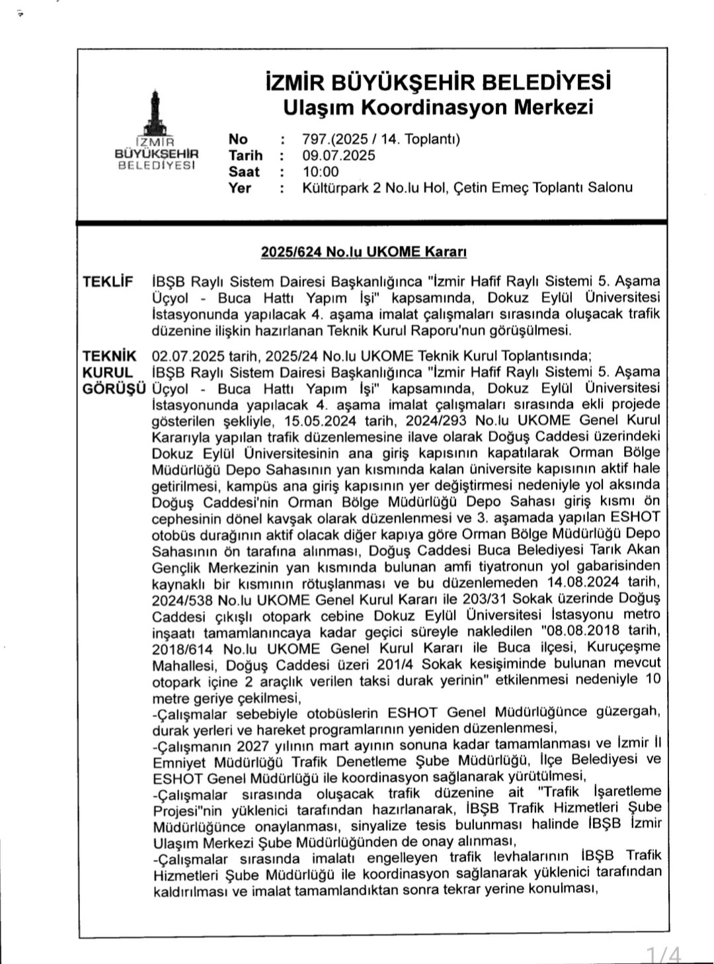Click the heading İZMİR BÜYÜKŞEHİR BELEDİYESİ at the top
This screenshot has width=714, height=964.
pyautogui.click(x=437, y=82)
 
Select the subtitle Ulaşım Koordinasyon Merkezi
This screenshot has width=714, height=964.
pyautogui.click(x=438, y=107)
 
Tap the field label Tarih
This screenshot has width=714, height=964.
pyautogui.click(x=245, y=155)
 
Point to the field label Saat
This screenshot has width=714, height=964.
pyautogui.click(x=244, y=172)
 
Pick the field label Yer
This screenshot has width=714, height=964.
pyautogui.click(x=240, y=188)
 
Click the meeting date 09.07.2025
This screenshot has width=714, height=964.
pyautogui.click(x=338, y=155)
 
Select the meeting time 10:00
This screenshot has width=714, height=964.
pyautogui.click(x=321, y=172)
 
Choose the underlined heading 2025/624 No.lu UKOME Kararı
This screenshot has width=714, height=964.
pyautogui.click(x=364, y=252)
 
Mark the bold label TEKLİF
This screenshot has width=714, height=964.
pyautogui.click(x=108, y=282)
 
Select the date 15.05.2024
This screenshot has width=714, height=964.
pyautogui.click(x=321, y=421)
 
